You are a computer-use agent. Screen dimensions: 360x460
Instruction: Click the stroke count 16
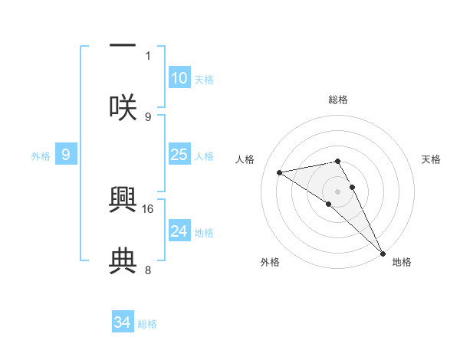coord(148,208)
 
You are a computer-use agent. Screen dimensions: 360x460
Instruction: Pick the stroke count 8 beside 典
coord(148,270)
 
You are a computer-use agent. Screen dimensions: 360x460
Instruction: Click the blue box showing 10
coord(179,78)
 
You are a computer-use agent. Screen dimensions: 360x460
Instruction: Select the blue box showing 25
coord(179,155)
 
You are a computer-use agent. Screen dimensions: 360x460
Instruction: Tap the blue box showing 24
coord(179,231)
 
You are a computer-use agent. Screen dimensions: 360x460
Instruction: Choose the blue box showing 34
coord(123,322)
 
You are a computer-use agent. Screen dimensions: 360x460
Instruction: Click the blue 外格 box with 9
coord(66,155)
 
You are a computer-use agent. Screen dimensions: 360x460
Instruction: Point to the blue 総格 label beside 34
coord(147,324)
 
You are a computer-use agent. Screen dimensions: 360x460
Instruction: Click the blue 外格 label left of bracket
coord(41,155)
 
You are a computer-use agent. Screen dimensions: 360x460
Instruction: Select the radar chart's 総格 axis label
coord(338,100)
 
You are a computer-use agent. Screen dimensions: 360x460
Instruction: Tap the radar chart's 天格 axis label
coord(432,159)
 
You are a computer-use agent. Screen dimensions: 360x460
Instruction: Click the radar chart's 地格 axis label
coord(402,262)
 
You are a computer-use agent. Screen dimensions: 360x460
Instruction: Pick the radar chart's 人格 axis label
coord(246,159)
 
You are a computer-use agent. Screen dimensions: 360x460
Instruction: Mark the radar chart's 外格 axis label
coord(270,262)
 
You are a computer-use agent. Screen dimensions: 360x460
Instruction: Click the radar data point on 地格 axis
coord(383,254)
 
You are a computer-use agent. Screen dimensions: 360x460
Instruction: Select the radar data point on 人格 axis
coord(280,172)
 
